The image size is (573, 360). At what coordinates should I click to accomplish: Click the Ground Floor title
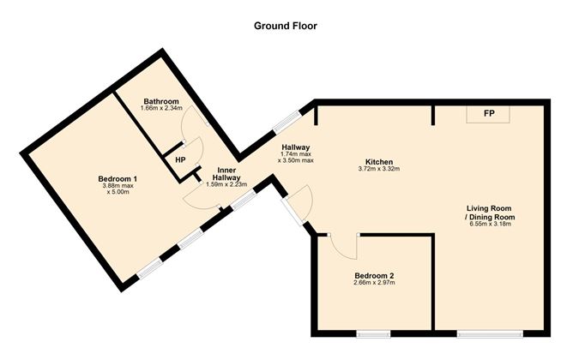[286, 26]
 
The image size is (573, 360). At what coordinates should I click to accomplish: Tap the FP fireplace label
[488, 114]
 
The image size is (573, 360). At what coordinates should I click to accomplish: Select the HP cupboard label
[180, 159]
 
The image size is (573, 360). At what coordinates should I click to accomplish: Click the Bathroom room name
[161, 102]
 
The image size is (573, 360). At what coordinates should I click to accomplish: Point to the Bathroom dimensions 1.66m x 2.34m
[161, 111]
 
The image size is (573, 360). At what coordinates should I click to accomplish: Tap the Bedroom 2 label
[374, 276]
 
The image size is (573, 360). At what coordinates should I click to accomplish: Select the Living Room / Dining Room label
[491, 213]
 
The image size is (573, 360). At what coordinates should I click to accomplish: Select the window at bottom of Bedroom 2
[374, 333]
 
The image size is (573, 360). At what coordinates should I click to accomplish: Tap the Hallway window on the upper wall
[286, 120]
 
